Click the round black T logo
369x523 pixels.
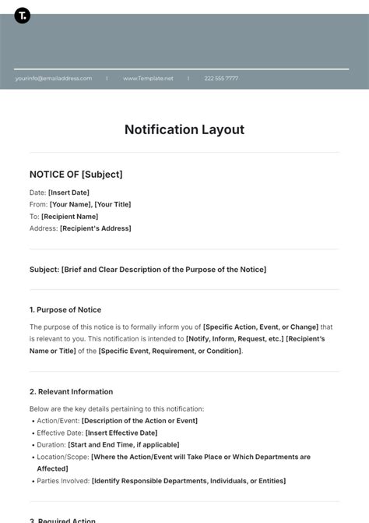tap(23, 16)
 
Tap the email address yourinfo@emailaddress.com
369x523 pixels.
tap(53, 78)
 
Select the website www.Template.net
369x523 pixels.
tap(148, 78)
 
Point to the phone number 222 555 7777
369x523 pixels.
tap(221, 78)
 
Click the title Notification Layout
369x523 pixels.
tap(184, 129)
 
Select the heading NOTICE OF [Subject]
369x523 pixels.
tap(76, 175)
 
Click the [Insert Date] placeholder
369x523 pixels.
tap(69, 193)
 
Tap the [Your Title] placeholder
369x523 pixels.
tap(112, 204)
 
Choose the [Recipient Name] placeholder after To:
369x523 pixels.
tap(69, 217)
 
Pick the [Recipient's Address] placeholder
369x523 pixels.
tap(95, 228)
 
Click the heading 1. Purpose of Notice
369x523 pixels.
tap(65, 309)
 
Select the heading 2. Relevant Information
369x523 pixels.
tap(71, 391)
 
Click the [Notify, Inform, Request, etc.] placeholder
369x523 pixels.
tap(234, 339)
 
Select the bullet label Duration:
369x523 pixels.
tap(51, 444)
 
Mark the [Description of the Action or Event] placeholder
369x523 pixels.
tap(139, 421)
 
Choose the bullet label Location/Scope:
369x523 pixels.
tap(62, 457)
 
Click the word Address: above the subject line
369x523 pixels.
tap(44, 228)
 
